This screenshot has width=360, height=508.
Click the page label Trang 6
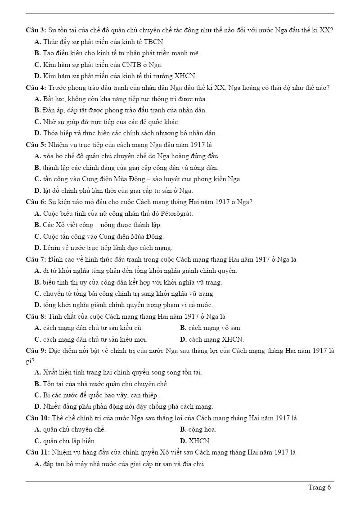tap(319, 487)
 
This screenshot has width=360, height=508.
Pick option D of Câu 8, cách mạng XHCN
tap(212, 339)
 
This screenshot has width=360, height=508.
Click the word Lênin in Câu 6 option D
tap(53, 248)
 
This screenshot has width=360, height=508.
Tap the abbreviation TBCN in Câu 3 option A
tap(154, 42)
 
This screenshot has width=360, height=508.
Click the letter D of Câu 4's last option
tap(37, 133)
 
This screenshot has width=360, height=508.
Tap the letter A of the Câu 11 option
tap(37, 464)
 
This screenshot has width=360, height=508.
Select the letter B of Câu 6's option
tap(37, 225)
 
